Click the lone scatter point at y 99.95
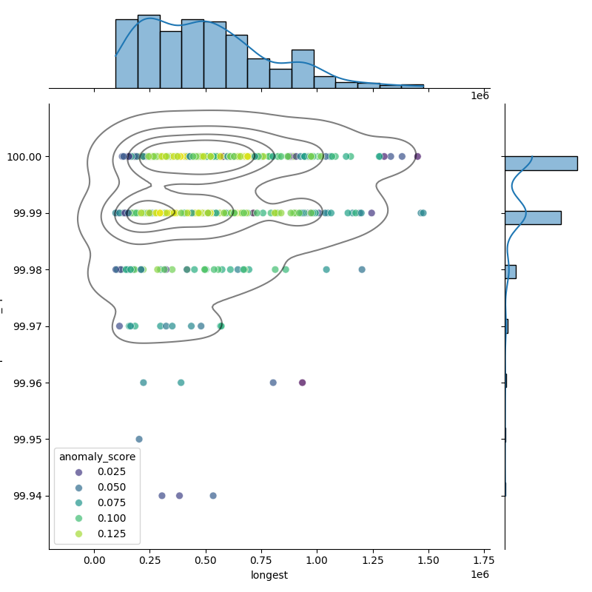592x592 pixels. point(139,439)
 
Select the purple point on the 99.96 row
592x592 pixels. point(302,383)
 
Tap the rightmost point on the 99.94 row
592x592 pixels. point(213,496)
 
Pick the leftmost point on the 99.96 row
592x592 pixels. point(144,383)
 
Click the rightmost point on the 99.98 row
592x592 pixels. point(362,269)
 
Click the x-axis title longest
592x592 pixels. point(269,575)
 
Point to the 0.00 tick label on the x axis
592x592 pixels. point(95,560)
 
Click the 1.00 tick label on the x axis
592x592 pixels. point(317,560)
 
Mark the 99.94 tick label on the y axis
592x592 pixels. point(27,496)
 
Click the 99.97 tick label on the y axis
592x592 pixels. point(27,326)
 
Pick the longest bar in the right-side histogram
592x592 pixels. point(540,164)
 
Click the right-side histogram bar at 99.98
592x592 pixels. point(510,272)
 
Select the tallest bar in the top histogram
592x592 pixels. point(149,51)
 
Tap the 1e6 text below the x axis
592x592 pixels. point(480,575)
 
